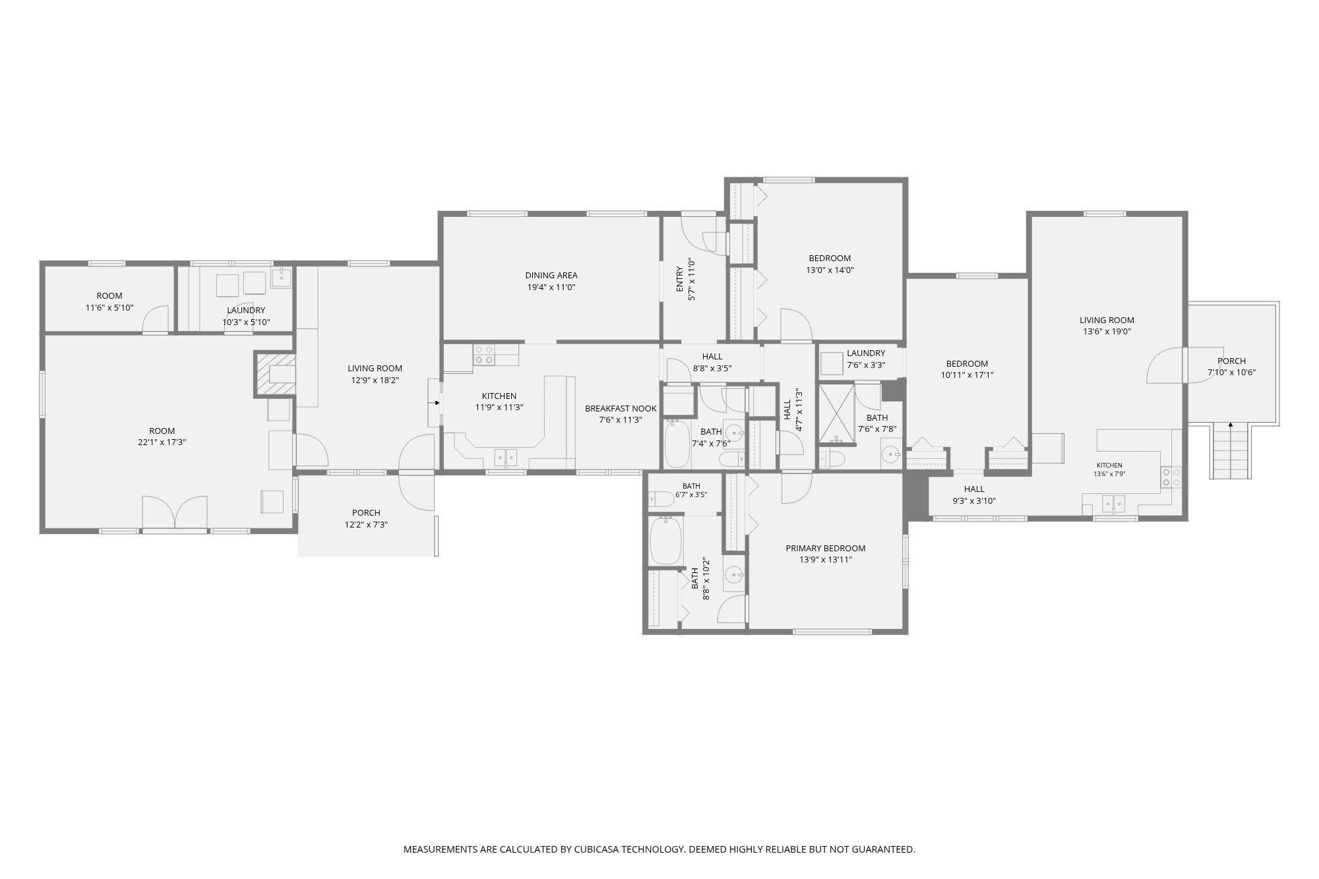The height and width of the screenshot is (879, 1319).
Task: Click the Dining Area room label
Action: pyautogui.click(x=551, y=276)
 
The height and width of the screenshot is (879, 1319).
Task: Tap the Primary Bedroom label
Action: pyautogui.click(x=825, y=548)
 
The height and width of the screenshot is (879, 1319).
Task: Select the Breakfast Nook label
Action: pyautogui.click(x=621, y=409)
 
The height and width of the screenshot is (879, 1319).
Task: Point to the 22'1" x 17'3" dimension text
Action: pyautogui.click(x=162, y=442)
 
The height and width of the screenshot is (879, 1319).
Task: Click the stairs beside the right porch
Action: pyautogui.click(x=1231, y=451)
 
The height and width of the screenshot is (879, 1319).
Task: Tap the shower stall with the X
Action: pyautogui.click(x=836, y=414)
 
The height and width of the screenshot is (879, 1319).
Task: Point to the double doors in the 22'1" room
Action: pyautogui.click(x=175, y=512)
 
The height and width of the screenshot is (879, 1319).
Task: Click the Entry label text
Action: pyautogui.click(x=680, y=280)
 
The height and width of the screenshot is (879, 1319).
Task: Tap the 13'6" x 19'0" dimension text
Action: pyautogui.click(x=1107, y=332)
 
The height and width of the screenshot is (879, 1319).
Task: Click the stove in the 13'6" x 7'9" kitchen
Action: pyautogui.click(x=1171, y=477)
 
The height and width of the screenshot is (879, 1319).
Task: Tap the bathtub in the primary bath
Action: pyautogui.click(x=665, y=540)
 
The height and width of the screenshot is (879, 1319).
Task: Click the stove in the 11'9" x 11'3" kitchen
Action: pyautogui.click(x=484, y=355)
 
